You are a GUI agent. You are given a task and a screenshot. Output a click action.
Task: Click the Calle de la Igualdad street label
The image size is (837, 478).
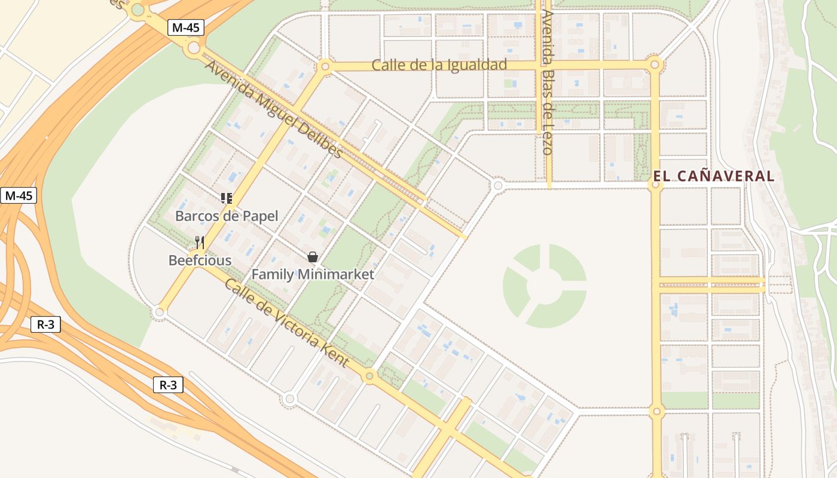tap(439, 65)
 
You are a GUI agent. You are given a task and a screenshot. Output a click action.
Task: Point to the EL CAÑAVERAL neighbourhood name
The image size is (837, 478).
tap(714, 176)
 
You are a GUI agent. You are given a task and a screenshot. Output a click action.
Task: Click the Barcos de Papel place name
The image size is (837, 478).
tap(227, 216)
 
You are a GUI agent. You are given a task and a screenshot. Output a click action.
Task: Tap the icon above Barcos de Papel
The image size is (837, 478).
tap(227, 198)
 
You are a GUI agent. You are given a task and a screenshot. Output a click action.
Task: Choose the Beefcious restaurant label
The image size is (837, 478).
tap(200, 260)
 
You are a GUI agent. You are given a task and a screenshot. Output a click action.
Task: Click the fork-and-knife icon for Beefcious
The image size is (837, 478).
tap(200, 243)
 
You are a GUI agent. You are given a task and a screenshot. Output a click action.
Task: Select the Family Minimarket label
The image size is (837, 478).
tap(313, 274)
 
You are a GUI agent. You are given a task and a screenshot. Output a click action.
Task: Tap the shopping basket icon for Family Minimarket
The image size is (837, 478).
tap(312, 257)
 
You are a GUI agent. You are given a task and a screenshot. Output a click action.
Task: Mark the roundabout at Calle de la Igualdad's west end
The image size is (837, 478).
tap(325, 66)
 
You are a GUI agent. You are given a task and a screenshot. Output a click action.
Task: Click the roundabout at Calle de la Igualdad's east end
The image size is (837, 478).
tap(655, 63)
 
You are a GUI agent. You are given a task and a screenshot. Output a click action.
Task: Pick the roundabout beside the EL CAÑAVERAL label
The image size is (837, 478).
tap(656, 185)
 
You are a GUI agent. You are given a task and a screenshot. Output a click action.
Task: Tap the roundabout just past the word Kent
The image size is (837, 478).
tap(369, 376)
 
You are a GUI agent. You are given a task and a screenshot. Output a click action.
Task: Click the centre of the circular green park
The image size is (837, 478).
tap(545, 286)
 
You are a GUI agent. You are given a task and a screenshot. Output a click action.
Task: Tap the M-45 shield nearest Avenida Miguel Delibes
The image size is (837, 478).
tap(186, 27)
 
